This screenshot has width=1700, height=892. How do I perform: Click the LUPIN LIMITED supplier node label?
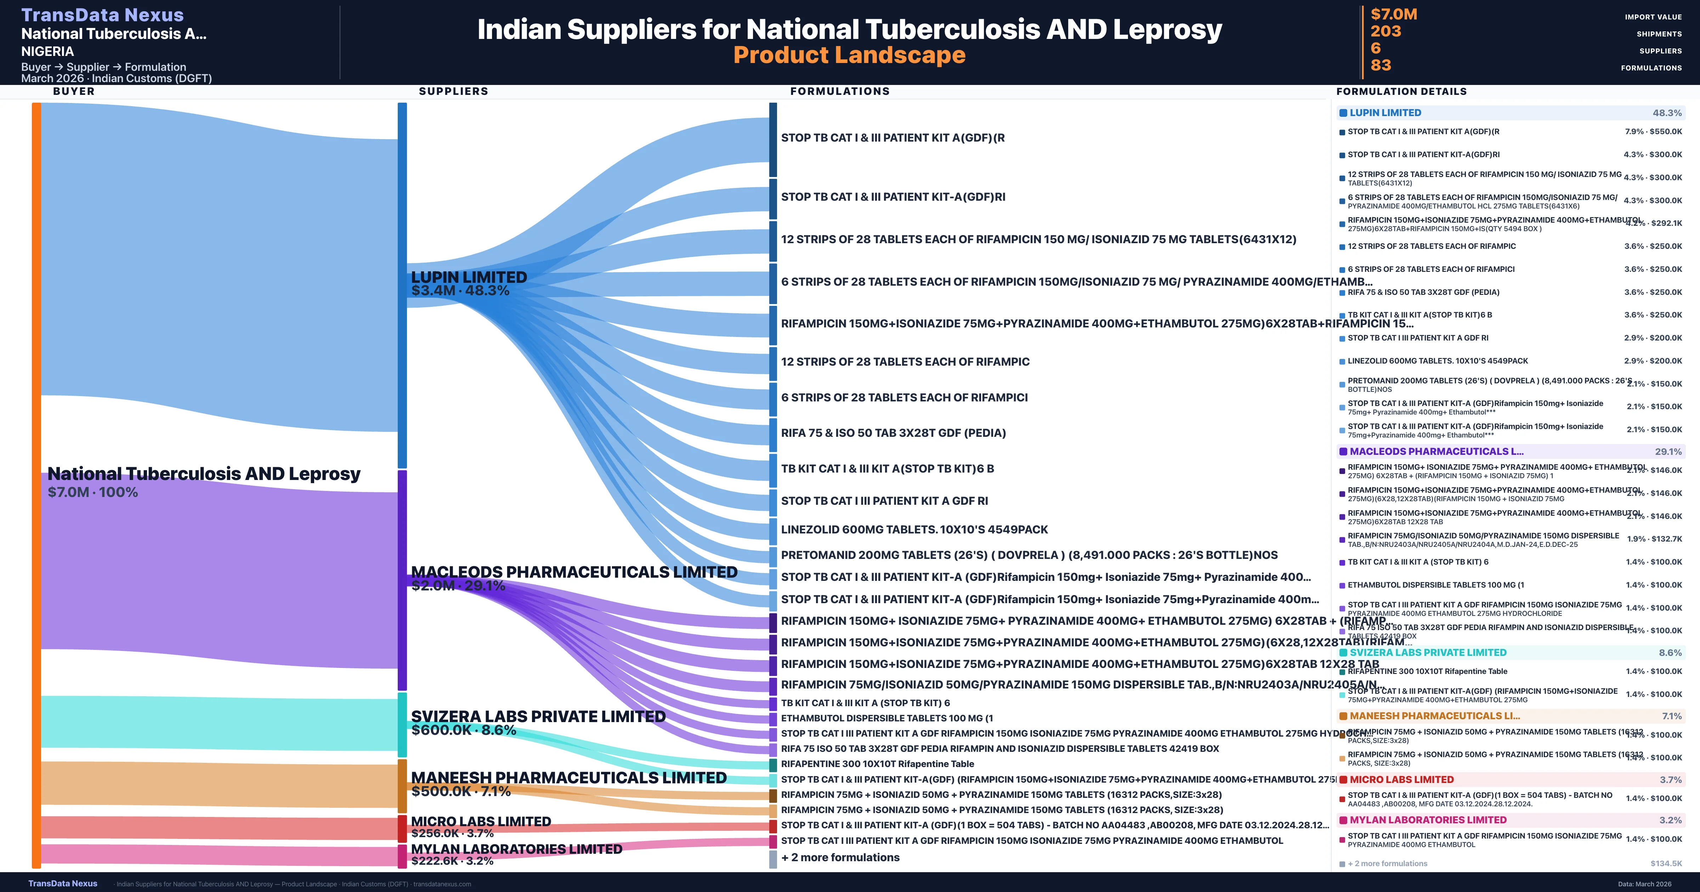coord(469,277)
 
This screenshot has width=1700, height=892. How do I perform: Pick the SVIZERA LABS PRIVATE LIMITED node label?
coord(538,716)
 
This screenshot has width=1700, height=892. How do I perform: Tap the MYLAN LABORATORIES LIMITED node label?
coord(516,849)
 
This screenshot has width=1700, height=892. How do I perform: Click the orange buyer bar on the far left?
coord(36,485)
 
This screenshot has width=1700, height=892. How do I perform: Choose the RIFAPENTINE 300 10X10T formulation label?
coord(877,764)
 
